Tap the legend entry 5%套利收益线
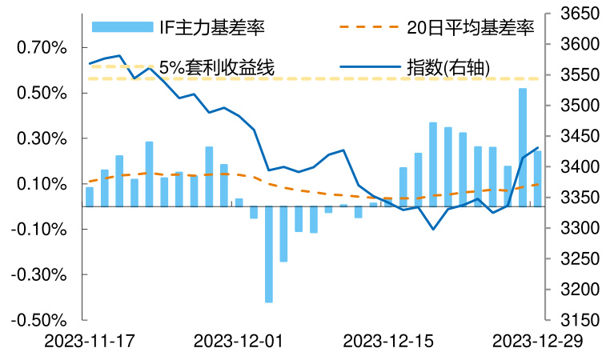(x=217, y=68)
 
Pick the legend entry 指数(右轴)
(x=447, y=68)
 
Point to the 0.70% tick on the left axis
(x=41, y=48)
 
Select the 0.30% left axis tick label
(x=41, y=139)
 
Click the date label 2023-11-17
(x=89, y=342)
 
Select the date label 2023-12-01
(x=239, y=342)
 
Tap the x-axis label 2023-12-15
(x=388, y=342)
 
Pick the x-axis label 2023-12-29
(x=538, y=342)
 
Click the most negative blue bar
(x=268, y=254)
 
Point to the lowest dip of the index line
(x=433, y=230)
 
